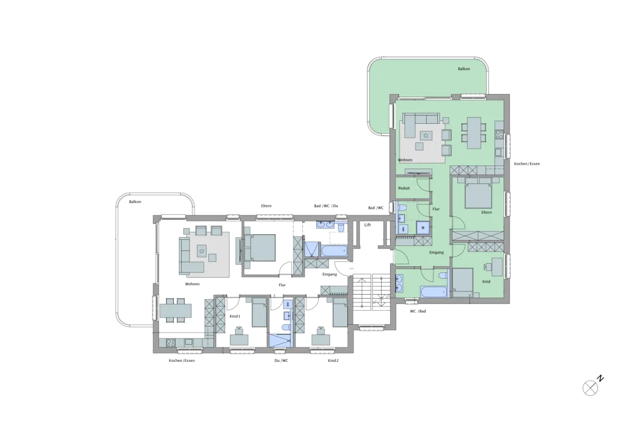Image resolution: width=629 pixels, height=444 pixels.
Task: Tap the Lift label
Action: tap(367, 225)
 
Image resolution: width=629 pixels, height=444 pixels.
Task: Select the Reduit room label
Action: tap(404, 188)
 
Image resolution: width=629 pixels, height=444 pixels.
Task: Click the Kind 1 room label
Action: tap(234, 316)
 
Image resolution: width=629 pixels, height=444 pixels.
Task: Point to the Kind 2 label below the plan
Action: tap(333, 360)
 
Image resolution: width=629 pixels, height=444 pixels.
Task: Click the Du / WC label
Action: tap(281, 360)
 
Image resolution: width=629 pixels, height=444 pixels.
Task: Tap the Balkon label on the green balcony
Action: tap(464, 69)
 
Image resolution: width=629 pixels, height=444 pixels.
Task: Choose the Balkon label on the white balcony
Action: tap(135, 201)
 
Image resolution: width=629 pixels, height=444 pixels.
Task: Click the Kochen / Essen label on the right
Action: tap(527, 164)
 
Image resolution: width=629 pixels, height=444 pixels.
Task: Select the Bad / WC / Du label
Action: tap(326, 206)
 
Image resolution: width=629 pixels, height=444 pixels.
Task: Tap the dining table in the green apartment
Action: tap(474, 132)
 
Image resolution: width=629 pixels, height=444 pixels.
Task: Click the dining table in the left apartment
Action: tap(175, 310)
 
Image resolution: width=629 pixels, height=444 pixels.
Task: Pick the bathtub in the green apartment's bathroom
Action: tap(433, 292)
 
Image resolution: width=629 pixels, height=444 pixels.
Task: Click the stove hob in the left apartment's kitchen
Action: tap(171, 343)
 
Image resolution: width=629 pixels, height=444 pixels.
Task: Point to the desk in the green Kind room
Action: tap(497, 267)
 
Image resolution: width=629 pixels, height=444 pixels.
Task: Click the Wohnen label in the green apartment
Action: tap(405, 160)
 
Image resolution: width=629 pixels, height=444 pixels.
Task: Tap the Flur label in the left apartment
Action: tap(282, 285)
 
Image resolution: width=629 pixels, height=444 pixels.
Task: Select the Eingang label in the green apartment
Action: tap(436, 253)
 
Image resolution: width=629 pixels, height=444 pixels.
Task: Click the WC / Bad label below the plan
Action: tap(418, 311)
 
